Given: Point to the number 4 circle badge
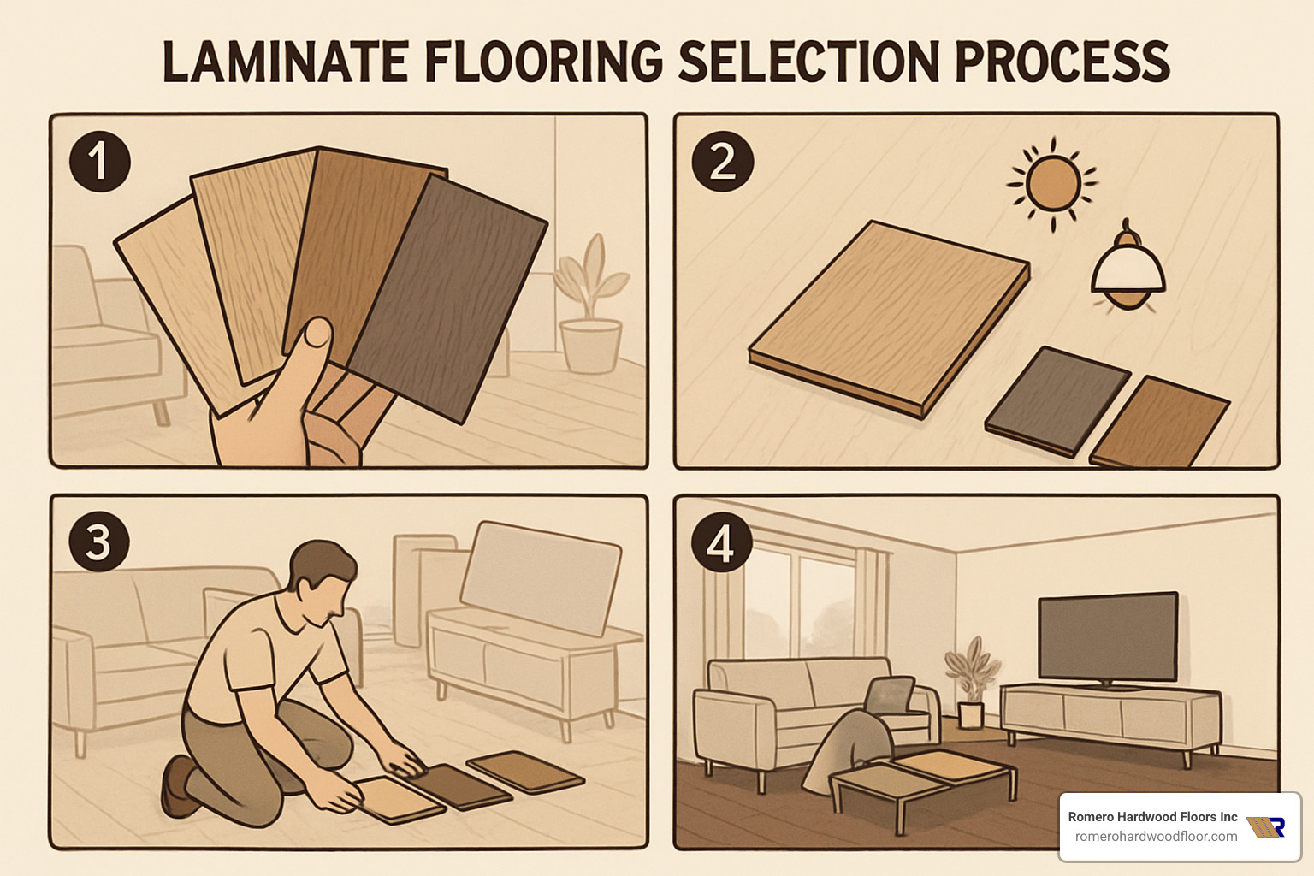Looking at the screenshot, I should [721, 542].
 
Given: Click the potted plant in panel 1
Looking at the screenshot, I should [590, 308].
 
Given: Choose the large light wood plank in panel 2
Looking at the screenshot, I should [890, 317].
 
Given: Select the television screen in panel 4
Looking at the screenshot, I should [1107, 637].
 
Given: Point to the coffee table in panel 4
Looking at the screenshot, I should [924, 778].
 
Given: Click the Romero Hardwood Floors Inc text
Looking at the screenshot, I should [1152, 816].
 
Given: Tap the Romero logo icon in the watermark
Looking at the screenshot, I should [1267, 826].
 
